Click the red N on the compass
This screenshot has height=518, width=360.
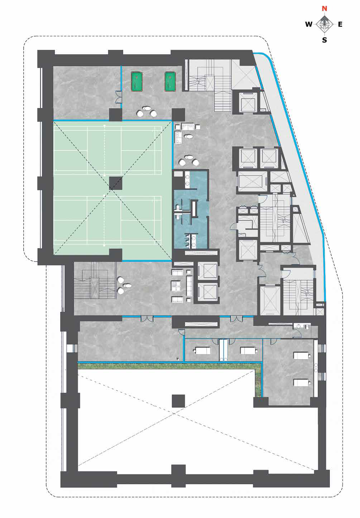[325, 9]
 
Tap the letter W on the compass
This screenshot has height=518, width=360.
[309, 24]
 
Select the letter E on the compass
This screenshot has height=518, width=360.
[340, 24]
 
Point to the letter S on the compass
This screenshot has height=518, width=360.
[325, 40]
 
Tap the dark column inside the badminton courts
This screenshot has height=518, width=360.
[116, 183]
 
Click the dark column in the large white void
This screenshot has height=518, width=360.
[178, 401]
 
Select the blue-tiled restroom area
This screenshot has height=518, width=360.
[191, 209]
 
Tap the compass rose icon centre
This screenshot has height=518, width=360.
[325, 24]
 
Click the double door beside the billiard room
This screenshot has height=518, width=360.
[119, 97]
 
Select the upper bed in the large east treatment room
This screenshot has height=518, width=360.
[301, 355]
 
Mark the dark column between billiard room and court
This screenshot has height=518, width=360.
[116, 115]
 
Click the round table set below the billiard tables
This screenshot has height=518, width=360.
[147, 112]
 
